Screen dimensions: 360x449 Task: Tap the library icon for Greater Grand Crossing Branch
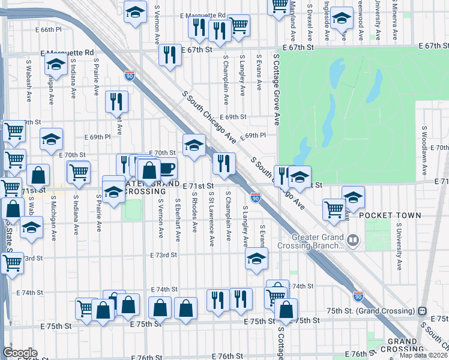pos(354,241)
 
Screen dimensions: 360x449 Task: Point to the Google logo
pos(20,353)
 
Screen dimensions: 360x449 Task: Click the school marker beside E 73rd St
pos(256,259)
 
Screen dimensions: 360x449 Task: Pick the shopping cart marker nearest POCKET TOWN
pos(334,209)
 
